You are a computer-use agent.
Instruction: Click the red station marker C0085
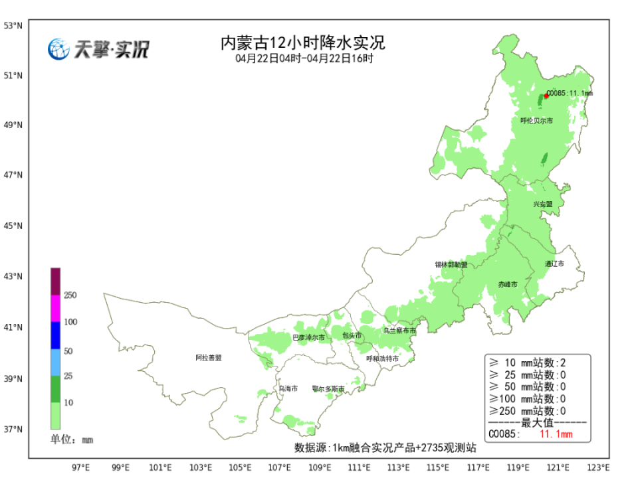click(546, 96)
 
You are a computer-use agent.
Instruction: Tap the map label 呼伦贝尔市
click(536, 121)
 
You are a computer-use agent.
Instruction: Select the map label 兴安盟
click(542, 204)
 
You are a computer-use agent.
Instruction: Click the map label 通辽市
click(554, 264)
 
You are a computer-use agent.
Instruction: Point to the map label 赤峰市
click(508, 284)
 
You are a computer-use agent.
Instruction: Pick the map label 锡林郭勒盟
click(451, 264)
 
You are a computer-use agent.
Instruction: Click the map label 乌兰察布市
click(399, 330)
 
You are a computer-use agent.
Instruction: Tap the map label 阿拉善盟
click(208, 358)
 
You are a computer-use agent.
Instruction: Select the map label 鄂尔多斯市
click(328, 389)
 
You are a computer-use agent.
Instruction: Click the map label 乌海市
click(288, 388)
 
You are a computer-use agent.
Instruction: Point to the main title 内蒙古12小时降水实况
click(302, 44)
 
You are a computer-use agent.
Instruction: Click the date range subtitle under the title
click(304, 58)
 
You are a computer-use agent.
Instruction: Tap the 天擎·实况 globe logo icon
click(58, 49)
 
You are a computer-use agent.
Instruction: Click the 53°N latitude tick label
click(13, 26)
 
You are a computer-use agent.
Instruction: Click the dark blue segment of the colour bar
click(56, 335)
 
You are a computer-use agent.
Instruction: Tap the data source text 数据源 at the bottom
click(385, 447)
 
